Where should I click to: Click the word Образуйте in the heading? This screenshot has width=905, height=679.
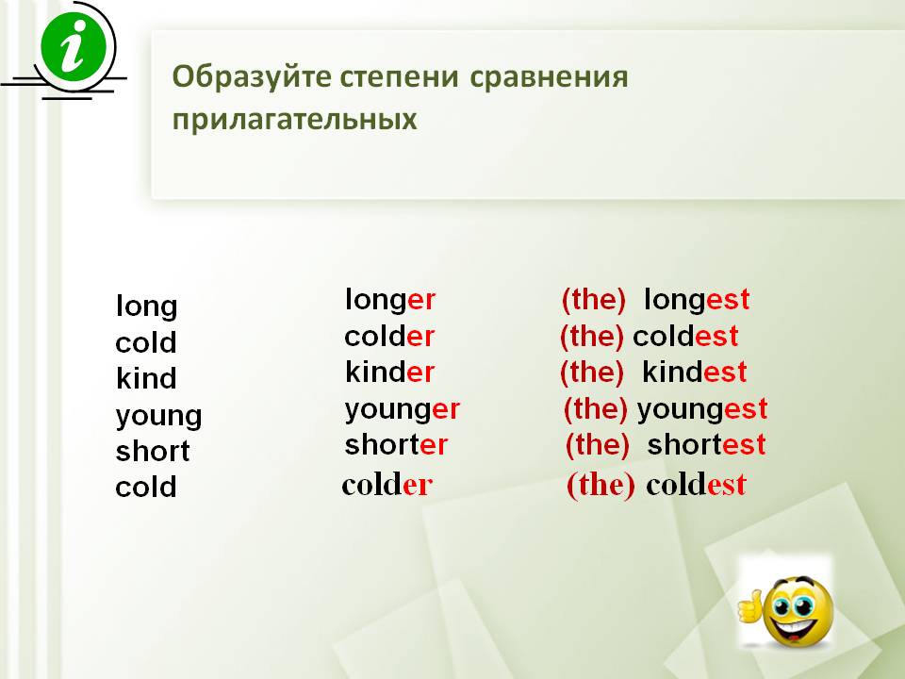252,76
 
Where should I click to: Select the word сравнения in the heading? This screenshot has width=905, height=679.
549,76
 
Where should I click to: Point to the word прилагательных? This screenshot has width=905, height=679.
294,120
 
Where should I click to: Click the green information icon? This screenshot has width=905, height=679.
74,47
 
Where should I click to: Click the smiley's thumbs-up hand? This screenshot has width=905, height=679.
750,606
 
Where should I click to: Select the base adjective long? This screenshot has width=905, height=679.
147,306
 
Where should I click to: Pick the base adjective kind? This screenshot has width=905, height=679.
146,378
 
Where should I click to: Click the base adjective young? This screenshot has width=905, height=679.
158,416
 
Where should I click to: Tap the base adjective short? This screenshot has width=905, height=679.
153,451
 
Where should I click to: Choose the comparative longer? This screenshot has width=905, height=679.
390,300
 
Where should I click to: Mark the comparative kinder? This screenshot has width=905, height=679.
389,372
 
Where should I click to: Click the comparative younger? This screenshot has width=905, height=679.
403,409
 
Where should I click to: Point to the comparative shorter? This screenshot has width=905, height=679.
396,444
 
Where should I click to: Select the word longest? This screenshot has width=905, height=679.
697,300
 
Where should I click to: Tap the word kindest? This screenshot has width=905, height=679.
695,372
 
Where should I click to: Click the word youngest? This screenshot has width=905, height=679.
702,409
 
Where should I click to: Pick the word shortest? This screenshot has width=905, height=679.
706,444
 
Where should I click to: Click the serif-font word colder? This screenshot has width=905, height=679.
387,485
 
